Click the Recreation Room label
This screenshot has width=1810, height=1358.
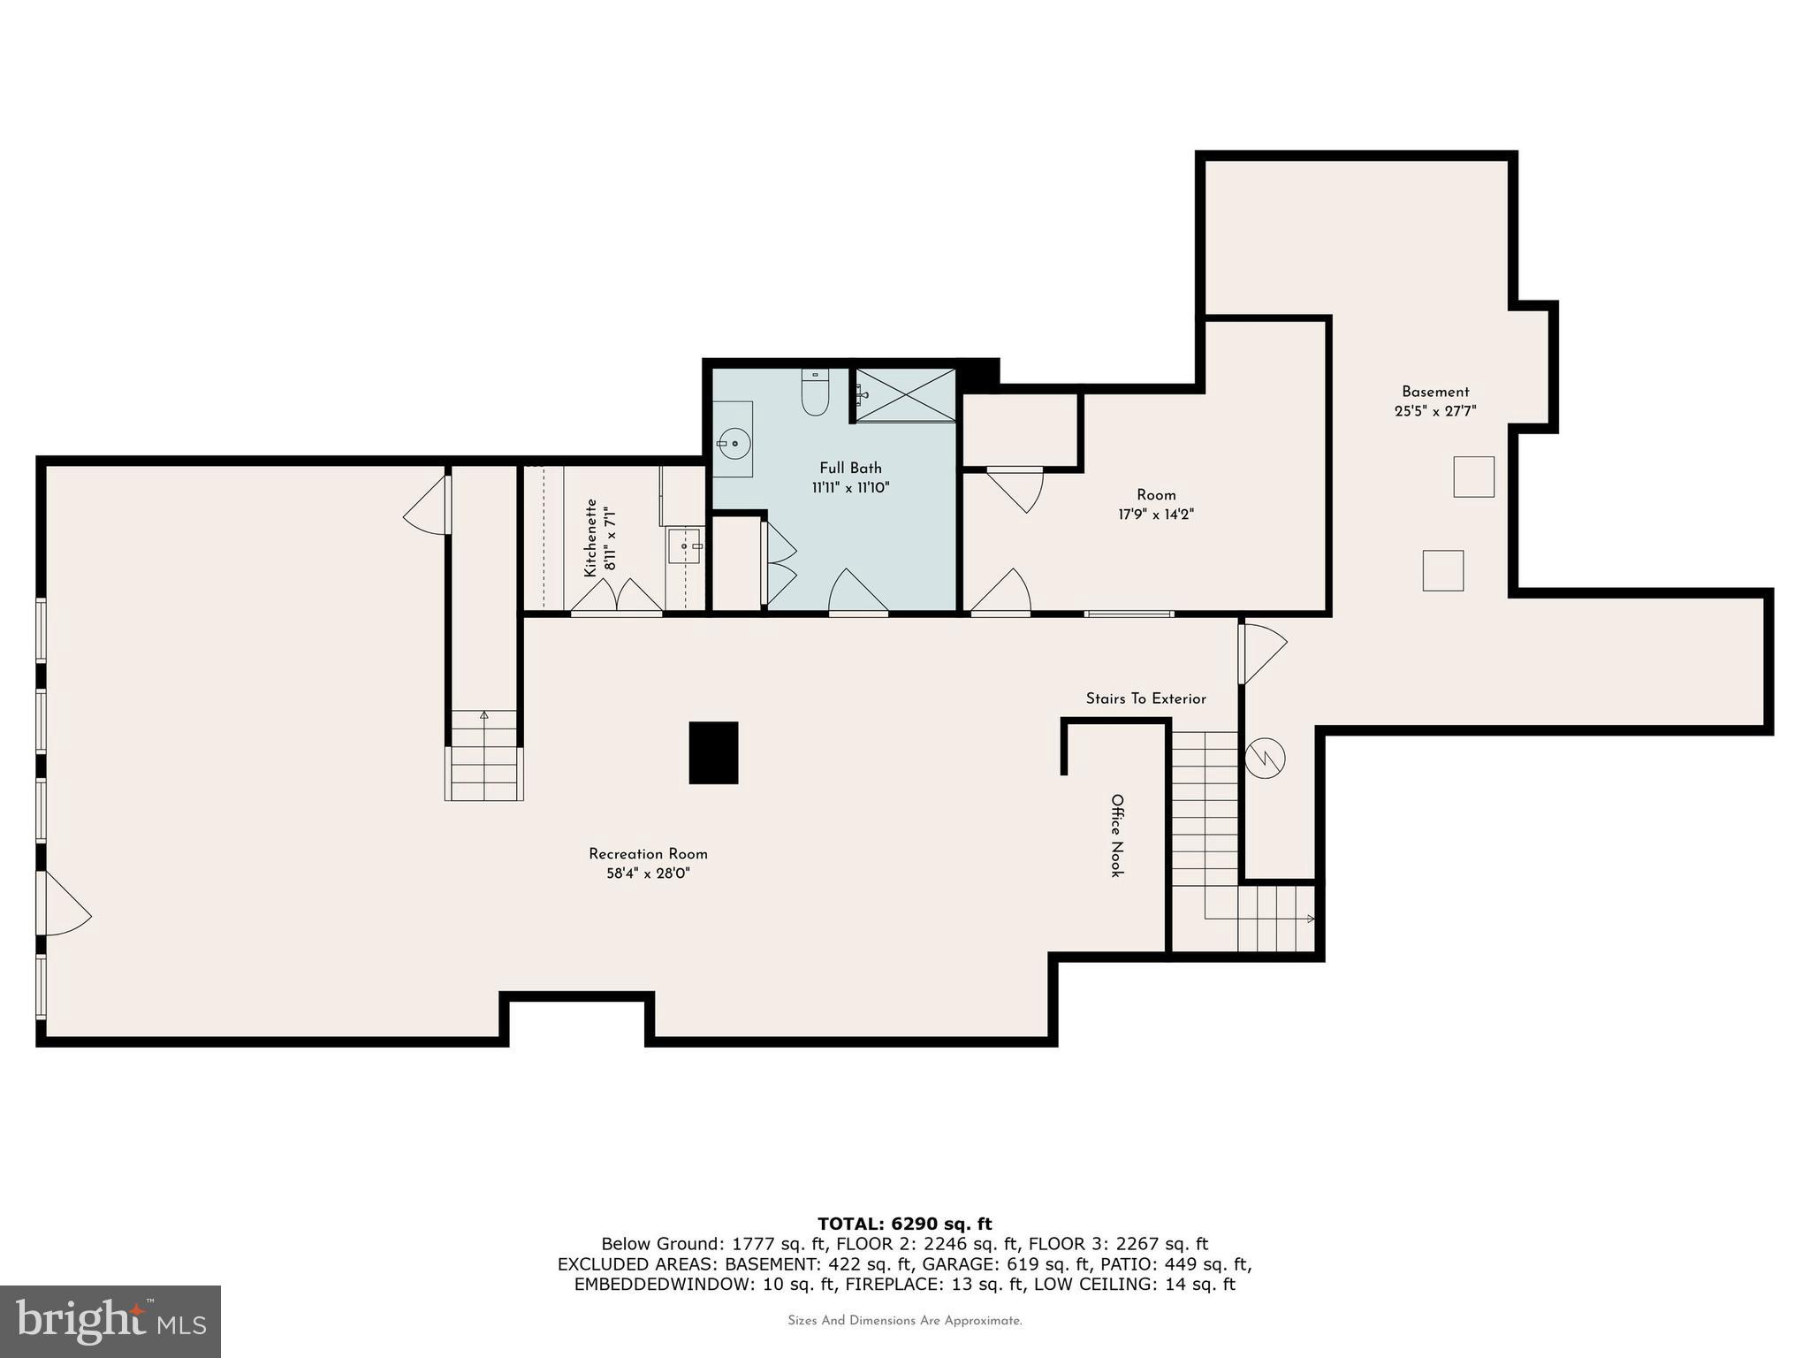click(648, 854)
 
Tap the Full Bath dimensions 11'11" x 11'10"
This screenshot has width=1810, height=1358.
click(850, 487)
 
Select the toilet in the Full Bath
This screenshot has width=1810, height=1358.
click(814, 393)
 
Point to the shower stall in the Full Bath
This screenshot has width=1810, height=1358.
click(906, 395)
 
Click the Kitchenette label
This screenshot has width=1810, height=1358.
click(590, 538)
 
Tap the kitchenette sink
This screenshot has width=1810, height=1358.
click(684, 546)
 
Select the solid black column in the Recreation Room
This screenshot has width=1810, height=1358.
click(713, 752)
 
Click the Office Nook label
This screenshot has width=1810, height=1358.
click(1117, 835)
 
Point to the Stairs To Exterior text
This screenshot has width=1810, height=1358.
click(1145, 698)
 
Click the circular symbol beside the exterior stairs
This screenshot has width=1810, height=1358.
click(1265, 758)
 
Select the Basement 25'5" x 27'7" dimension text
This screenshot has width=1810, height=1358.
click(1435, 411)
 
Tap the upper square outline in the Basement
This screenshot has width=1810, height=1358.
click(1473, 477)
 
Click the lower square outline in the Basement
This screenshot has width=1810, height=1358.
click(1442, 570)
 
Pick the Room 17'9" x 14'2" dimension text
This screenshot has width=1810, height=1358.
click(1156, 515)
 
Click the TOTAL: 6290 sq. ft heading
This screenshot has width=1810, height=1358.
click(904, 1224)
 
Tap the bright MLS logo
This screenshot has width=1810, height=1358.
click(110, 1321)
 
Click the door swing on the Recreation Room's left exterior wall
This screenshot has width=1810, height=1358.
click(64, 903)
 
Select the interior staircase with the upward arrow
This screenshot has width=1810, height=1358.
click(483, 756)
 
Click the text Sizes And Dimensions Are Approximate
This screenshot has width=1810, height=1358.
click(904, 1321)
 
